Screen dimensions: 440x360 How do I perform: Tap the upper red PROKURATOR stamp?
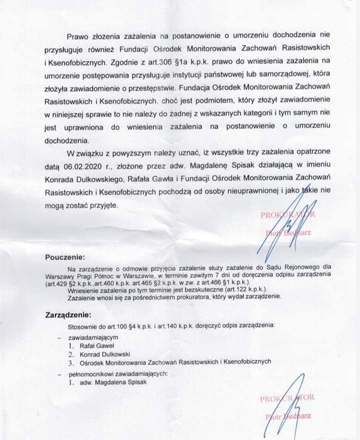(x=287, y=215)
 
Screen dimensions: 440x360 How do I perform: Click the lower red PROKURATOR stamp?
(x=287, y=398)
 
